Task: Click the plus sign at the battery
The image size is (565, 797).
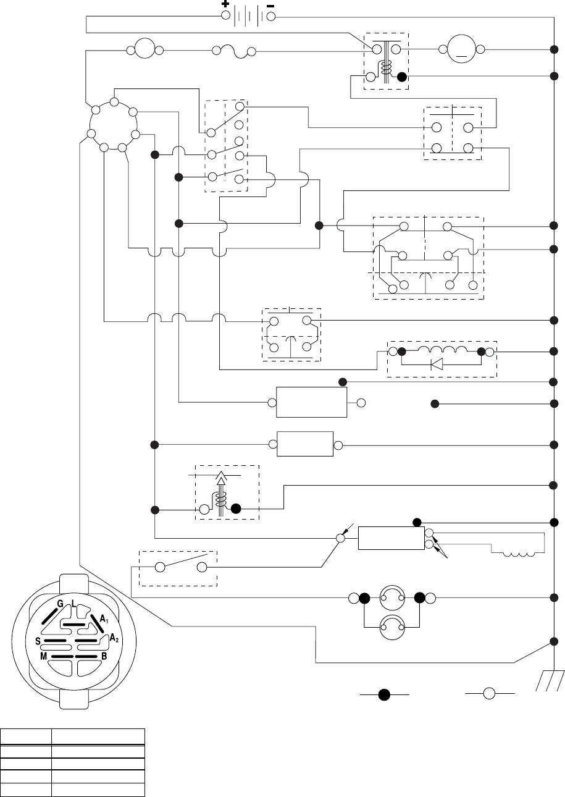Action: [x=225, y=4]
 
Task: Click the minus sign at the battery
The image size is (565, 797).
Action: [x=270, y=4]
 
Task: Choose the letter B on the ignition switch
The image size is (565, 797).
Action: [x=104, y=656]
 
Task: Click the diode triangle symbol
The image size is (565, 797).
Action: [x=437, y=364]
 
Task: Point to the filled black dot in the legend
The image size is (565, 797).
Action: [x=384, y=694]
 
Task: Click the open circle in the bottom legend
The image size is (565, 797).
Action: [x=489, y=694]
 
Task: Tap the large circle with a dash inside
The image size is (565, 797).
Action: [x=459, y=49]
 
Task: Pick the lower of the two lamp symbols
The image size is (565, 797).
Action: [x=391, y=626]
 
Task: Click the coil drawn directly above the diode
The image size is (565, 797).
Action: [x=441, y=350]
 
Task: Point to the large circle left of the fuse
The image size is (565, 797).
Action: [x=144, y=49]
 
